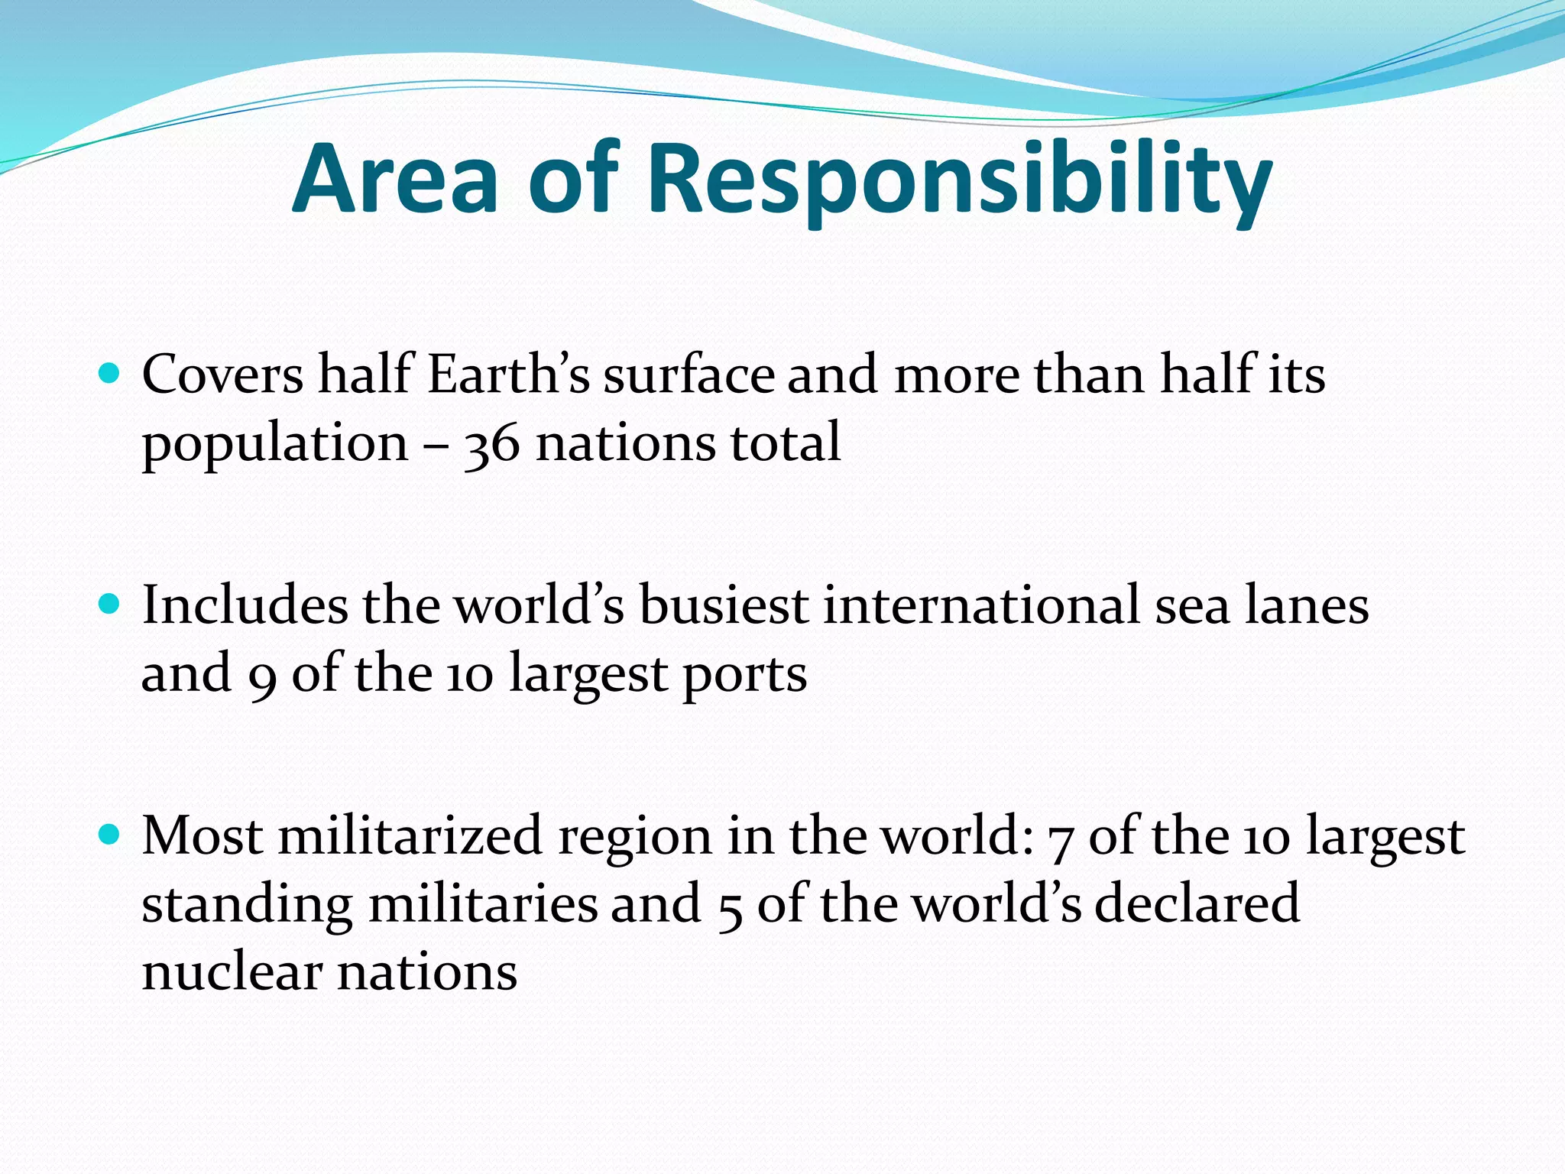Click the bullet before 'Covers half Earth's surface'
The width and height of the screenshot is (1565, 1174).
(110, 374)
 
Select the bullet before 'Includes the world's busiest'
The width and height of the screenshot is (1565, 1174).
(110, 605)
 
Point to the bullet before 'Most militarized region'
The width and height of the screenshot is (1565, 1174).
(110, 835)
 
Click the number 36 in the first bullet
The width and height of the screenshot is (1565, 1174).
(491, 444)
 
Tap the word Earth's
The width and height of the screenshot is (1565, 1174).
(508, 375)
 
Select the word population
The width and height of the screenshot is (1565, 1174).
(275, 444)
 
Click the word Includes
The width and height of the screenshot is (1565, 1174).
(244, 605)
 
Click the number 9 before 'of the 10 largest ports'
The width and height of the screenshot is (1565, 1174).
(261, 676)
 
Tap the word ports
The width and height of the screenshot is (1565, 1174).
(745, 676)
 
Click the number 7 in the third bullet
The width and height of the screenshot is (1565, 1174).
(1060, 838)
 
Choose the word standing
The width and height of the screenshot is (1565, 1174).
(247, 906)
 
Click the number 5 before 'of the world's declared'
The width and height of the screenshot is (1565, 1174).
(730, 907)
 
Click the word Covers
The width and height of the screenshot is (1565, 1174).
(222, 375)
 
